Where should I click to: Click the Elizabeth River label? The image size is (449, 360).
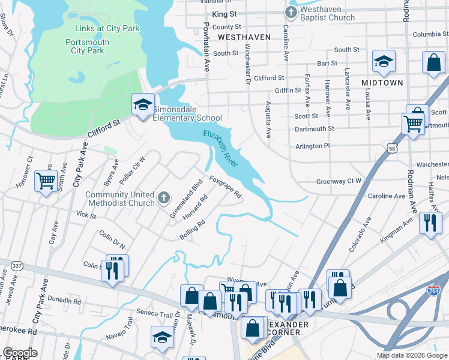pyautogui.click(x=220, y=149)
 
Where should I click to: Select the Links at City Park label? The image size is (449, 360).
pyautogui.click(x=107, y=28)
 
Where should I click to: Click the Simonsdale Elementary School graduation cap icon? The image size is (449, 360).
pyautogui.click(x=143, y=105)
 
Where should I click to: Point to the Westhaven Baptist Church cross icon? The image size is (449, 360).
pyautogui.click(x=291, y=12)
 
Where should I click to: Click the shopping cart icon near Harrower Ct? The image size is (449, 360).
pyautogui.click(x=46, y=180)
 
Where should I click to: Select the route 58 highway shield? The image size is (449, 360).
pyautogui.click(x=392, y=147)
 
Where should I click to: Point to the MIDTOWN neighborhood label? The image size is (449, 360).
pyautogui.click(x=382, y=82)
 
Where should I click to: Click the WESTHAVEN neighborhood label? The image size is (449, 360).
pyautogui.click(x=244, y=37)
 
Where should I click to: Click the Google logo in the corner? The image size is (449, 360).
pyautogui.click(x=20, y=353)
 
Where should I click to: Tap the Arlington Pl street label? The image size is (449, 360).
pyautogui.click(x=313, y=146)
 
